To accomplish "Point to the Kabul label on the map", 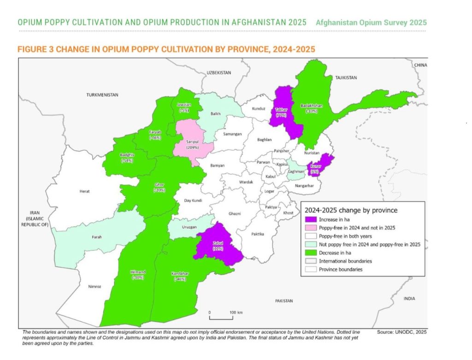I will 271,176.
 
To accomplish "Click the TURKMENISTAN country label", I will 102,94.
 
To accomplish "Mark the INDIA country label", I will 409,298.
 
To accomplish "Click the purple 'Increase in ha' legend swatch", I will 310,219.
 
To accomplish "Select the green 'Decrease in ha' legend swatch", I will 310,252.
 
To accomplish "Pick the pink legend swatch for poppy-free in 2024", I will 310,227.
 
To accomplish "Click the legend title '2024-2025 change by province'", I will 351,210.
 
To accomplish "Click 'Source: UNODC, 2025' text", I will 401,332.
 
